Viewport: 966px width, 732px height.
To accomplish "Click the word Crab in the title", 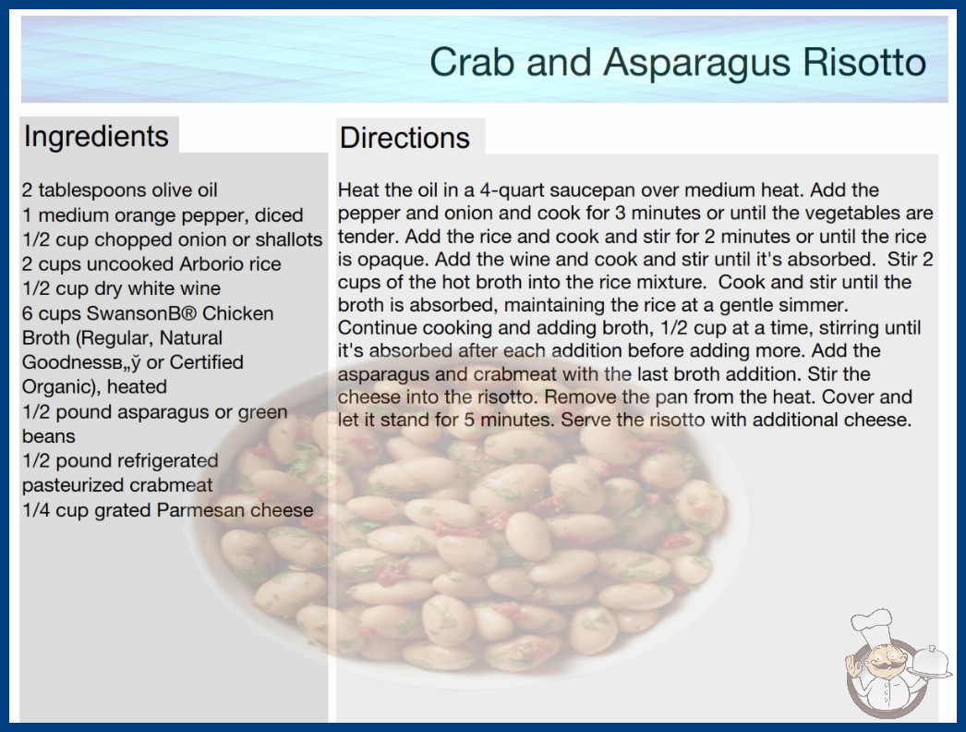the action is pos(472,62).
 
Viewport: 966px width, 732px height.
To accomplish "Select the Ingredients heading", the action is pos(96,136).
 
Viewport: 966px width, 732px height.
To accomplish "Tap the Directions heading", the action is pos(405,138).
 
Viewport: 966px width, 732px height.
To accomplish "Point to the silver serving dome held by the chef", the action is pos(930,662).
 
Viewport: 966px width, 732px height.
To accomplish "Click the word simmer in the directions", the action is pos(817,305).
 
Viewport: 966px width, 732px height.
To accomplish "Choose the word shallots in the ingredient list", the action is pos(289,239).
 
